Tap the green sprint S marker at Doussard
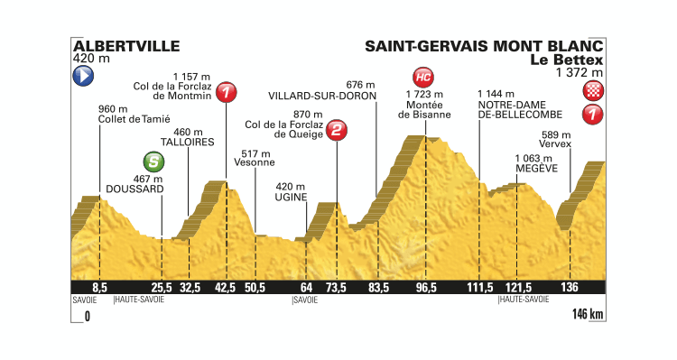tap(156, 162)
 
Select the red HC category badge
tap(422, 76)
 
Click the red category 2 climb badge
tap(336, 132)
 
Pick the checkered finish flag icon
tap(594, 89)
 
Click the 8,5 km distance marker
tap(100, 287)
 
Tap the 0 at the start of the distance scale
tap(88, 318)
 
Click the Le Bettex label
tap(576, 60)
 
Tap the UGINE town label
tap(292, 197)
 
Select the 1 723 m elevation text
tap(425, 94)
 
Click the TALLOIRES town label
tap(187, 143)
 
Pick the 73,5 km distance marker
tap(337, 287)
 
